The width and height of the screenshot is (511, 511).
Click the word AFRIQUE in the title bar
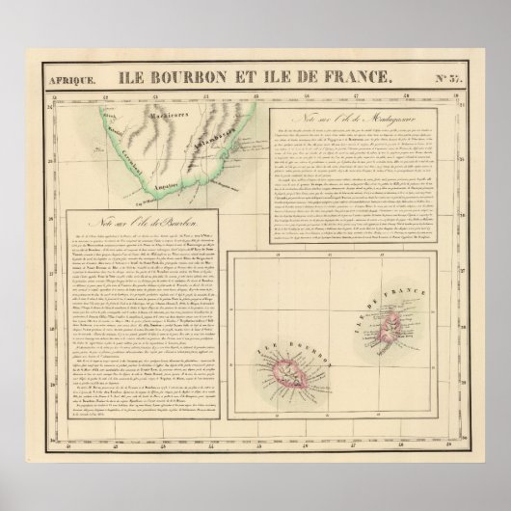click(x=72, y=79)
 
